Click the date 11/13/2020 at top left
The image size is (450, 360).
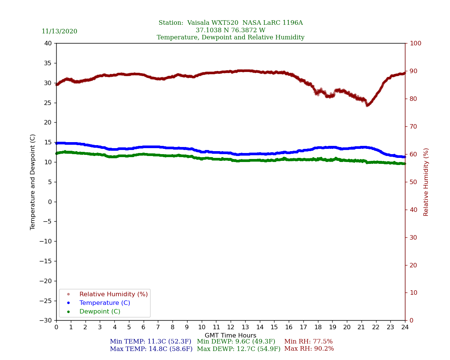59,31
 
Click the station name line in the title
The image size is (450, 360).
230,23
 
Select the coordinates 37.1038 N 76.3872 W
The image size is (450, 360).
230,30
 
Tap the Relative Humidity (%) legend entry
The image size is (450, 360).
113,294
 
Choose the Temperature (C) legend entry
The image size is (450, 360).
105,303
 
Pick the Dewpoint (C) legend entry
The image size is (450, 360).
100,312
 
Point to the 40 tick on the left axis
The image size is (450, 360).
48,43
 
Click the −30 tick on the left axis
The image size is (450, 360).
46,321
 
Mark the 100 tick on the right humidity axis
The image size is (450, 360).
415,43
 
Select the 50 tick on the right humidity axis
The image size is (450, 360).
413,182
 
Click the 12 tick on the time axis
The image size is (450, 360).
230,327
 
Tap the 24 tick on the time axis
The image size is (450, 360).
405,327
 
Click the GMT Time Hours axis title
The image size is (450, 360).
230,336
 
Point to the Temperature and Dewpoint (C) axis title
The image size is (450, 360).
33,182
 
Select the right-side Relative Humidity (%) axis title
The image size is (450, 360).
426,182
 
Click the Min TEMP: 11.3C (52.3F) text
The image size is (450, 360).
150,342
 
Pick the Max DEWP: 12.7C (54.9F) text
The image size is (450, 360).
238,349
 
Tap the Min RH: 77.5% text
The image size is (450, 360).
308,342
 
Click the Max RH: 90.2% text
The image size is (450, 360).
309,349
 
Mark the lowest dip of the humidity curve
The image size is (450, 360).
367,105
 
